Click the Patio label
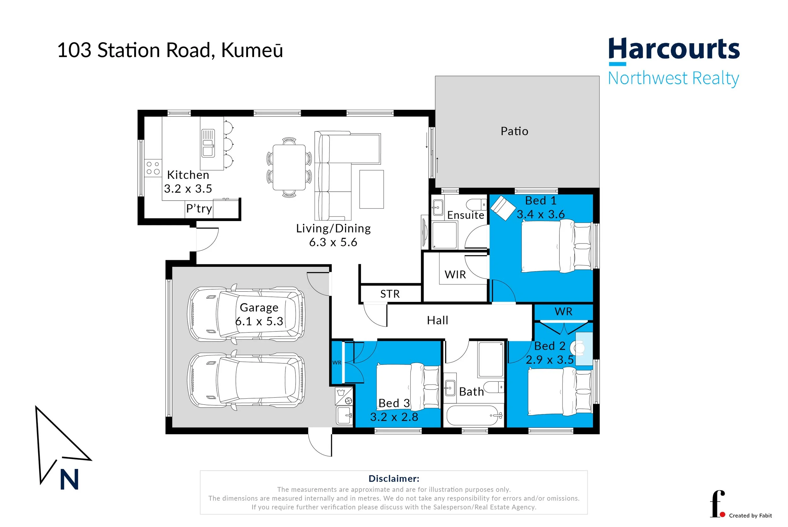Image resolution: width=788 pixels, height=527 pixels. [514, 131]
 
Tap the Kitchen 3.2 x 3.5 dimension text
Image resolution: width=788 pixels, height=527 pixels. [188, 189]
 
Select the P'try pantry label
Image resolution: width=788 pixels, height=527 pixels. [199, 208]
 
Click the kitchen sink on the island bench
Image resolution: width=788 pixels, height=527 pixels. [208, 143]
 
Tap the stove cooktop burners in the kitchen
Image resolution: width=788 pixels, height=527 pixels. [153, 168]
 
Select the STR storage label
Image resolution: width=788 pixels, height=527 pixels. [390, 294]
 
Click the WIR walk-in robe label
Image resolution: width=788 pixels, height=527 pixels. [455, 275]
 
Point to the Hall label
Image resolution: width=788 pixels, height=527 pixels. [437, 320]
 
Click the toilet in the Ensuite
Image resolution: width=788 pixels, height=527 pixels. [476, 204]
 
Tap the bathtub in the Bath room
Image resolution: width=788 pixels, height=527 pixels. [474, 416]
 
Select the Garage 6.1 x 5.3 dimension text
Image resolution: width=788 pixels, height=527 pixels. [259, 321]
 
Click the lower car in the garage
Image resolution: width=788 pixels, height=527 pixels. [246, 380]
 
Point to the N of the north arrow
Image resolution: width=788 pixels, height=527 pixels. [69, 480]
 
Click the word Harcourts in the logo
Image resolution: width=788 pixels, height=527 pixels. [674, 50]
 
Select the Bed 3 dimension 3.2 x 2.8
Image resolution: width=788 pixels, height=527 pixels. [394, 417]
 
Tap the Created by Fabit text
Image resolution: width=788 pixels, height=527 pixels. [750, 516]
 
